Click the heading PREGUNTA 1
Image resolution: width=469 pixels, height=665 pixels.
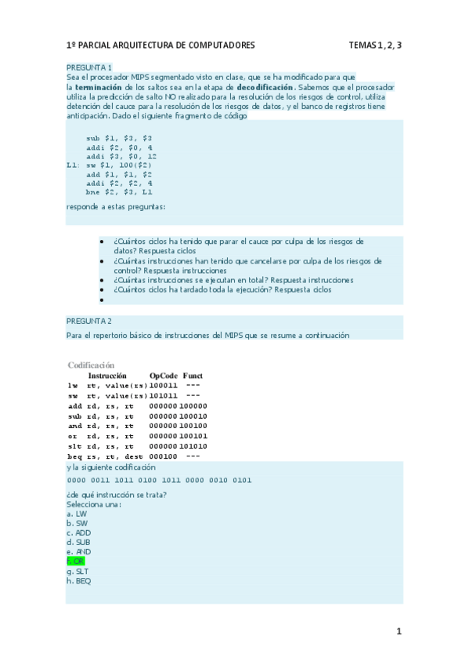(89, 68)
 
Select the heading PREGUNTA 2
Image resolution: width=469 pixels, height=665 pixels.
(89, 322)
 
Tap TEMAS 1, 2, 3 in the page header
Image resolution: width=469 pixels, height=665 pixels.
(375, 45)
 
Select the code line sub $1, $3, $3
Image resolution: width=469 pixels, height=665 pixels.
(119, 138)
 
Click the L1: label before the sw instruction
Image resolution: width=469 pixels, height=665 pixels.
(73, 166)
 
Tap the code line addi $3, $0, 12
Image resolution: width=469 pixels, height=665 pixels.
(121, 157)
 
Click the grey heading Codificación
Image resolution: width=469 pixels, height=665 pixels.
(91, 365)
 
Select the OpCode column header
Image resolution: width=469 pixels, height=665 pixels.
(164, 376)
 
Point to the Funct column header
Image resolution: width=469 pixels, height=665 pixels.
(193, 376)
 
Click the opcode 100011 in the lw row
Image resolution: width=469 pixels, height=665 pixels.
(163, 386)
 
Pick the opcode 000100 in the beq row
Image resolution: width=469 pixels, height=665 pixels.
(162, 456)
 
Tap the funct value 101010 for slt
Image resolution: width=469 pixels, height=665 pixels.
(193, 446)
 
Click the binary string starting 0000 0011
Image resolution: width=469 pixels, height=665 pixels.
(159, 480)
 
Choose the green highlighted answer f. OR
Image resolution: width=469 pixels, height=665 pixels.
(76, 562)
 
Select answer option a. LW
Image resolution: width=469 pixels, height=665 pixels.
(76, 514)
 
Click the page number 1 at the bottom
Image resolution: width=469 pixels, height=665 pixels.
(398, 631)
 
